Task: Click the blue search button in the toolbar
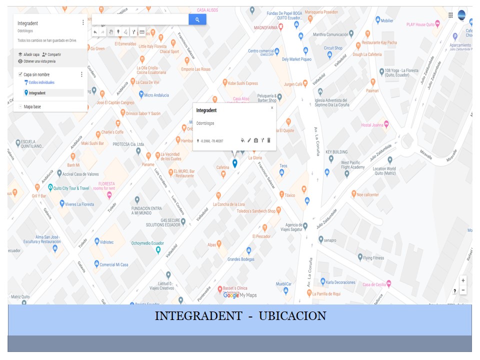click(197, 19)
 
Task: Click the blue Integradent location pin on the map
click(234, 163)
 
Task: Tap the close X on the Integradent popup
click(272, 107)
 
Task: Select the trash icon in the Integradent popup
click(268, 141)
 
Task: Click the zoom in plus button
click(463, 280)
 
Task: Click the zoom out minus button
click(463, 290)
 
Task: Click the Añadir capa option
click(28, 54)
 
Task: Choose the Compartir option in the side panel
click(51, 54)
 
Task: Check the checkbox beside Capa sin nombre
click(20, 74)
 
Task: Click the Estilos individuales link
click(41, 82)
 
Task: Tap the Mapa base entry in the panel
click(32, 106)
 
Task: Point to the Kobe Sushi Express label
click(243, 83)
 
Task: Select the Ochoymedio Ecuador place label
click(147, 243)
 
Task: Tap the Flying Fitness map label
click(373, 258)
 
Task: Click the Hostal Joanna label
click(371, 125)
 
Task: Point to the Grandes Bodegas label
click(241, 259)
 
